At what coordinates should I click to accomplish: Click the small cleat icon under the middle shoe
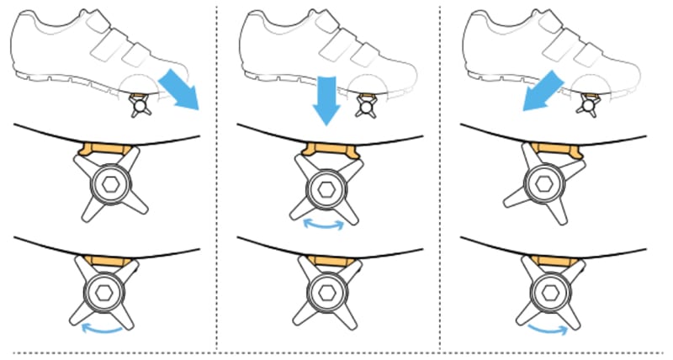[366, 104]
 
